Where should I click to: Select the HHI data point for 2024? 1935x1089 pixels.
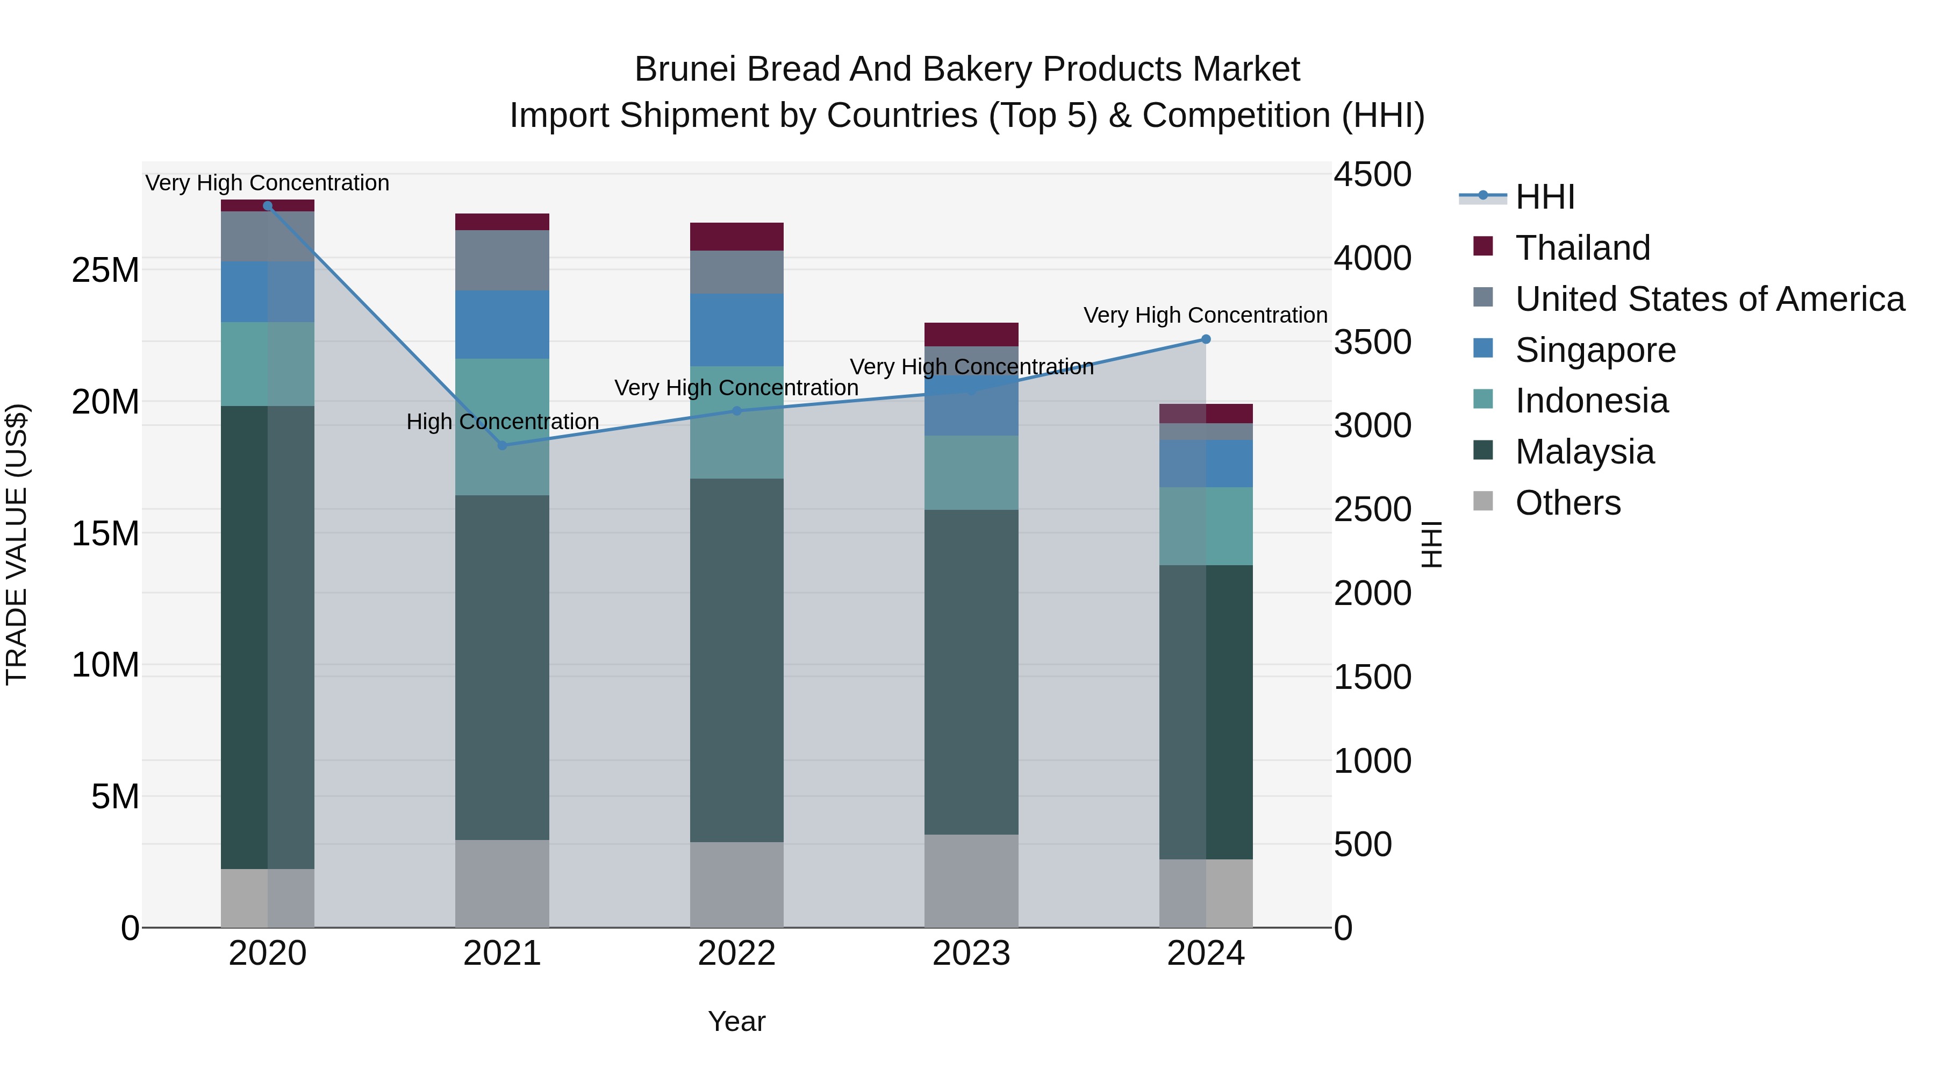[1206, 339]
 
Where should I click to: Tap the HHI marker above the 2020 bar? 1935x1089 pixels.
[268, 206]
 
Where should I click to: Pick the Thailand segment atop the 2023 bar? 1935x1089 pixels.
[971, 334]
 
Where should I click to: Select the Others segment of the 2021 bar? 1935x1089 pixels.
[502, 883]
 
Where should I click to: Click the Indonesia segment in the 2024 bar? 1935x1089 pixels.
[1206, 526]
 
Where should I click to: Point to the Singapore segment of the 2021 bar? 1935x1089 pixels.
[502, 325]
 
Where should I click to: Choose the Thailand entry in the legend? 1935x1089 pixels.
[1582, 248]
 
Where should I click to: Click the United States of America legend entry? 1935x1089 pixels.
[1709, 299]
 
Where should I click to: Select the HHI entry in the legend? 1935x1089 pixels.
[1544, 197]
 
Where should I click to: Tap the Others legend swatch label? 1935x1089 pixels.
[1568, 503]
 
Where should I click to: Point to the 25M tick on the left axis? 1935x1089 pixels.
[105, 270]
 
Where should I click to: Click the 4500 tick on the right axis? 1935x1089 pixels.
[1372, 174]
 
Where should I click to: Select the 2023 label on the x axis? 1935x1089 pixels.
[971, 953]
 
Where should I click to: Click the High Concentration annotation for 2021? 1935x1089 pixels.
[503, 422]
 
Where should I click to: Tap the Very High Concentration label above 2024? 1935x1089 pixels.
[1205, 315]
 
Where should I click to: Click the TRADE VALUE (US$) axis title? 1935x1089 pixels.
[17, 544]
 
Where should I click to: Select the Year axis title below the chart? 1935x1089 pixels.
[736, 1021]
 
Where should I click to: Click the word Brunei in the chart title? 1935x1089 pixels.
[685, 69]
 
